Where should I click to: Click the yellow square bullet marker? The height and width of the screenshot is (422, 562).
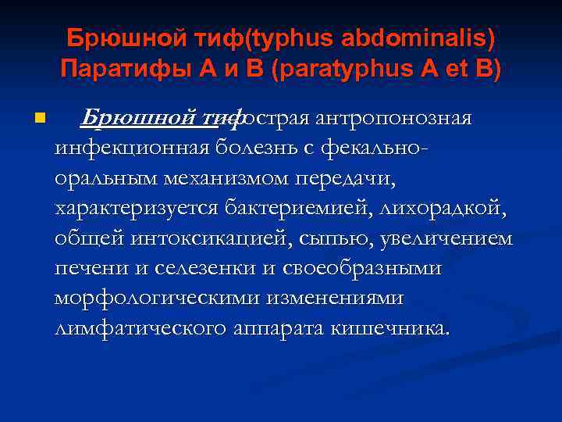41,119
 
